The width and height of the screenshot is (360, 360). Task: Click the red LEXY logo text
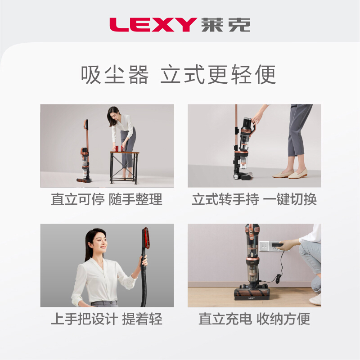153,25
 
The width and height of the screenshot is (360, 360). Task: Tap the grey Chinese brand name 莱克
226,25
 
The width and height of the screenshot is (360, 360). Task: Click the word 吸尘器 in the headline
115,75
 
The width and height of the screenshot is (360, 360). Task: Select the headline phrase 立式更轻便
218,75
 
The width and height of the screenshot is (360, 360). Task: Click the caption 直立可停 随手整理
107,199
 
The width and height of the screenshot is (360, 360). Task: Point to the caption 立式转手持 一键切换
254,199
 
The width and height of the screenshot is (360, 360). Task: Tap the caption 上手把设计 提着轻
107,319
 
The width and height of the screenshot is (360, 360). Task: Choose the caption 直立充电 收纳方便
254,319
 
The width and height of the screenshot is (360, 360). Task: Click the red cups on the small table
119,148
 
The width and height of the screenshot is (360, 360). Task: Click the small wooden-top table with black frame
125,167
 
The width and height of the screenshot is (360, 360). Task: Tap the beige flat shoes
290,173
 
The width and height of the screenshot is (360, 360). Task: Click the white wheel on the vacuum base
236,176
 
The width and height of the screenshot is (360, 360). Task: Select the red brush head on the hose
145,238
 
